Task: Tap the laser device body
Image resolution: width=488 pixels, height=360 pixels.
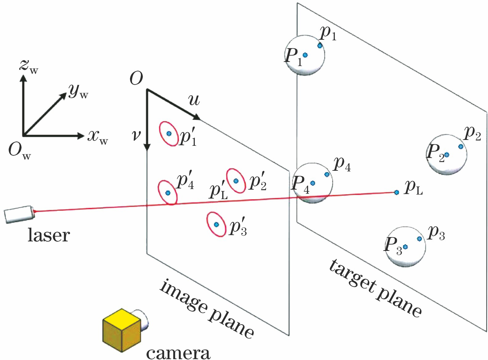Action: tap(18, 214)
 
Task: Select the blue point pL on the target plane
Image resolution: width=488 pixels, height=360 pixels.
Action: tap(396, 192)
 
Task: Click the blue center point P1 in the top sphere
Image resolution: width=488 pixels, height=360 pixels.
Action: tap(305, 55)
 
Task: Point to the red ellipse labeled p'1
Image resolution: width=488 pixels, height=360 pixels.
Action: tap(169, 133)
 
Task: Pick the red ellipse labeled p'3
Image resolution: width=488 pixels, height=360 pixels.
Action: tap(216, 224)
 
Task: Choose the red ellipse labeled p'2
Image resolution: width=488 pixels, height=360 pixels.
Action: tap(236, 181)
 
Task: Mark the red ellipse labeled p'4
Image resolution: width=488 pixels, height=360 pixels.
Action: tap(168, 193)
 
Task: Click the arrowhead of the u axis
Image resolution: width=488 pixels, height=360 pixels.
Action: tap(197, 117)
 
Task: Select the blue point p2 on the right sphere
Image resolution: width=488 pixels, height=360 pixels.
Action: tap(461, 147)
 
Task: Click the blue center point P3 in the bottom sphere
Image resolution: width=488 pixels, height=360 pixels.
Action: tap(405, 247)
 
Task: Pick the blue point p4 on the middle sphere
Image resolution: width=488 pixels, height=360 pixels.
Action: tap(327, 174)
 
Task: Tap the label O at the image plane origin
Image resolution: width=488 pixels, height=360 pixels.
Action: tap(136, 79)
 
